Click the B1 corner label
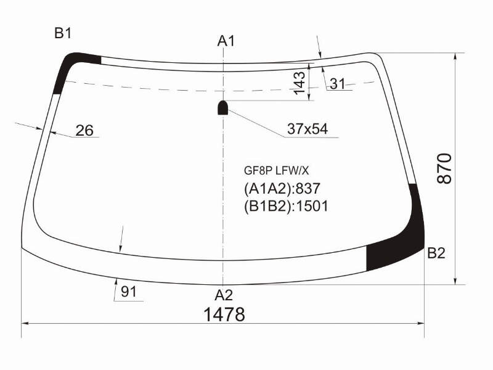click(x=63, y=33)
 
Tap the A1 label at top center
click(x=226, y=41)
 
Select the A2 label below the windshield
click(x=224, y=295)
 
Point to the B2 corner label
click(x=436, y=253)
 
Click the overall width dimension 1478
click(x=224, y=314)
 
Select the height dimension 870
click(x=444, y=168)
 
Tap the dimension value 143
click(x=299, y=83)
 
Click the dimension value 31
click(x=337, y=84)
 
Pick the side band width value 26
click(x=84, y=130)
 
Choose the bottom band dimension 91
click(x=129, y=292)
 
